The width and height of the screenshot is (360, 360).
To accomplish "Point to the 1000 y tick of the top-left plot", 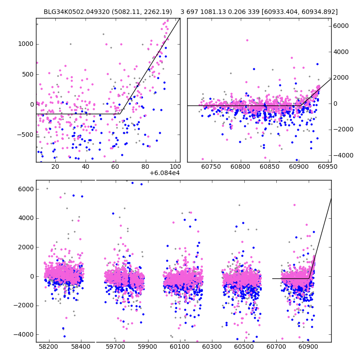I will coord(26,44).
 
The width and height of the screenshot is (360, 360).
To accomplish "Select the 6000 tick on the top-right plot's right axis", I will coord(341,26).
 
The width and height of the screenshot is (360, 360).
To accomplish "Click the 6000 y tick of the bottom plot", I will coord(25,189).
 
